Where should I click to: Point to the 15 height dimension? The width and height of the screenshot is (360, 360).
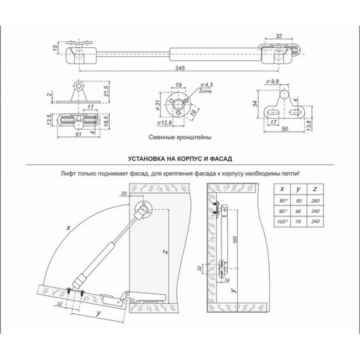pos(54,48)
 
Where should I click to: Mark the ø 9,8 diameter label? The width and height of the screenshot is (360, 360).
pos(272,81)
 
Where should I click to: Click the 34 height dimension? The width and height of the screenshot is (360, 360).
pos(255,105)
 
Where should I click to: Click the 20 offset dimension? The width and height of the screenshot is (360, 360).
pos(124,193)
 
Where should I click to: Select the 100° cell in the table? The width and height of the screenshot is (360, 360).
pos(283,221)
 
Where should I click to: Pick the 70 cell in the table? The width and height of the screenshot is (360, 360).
pos(298,221)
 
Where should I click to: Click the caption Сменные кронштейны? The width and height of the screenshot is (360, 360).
pos(179,137)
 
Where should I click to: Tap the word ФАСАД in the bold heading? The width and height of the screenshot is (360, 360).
pos(219,159)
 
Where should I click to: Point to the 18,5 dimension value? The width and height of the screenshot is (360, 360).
pos(107,122)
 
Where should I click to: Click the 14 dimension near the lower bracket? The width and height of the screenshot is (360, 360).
pos(226,279)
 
